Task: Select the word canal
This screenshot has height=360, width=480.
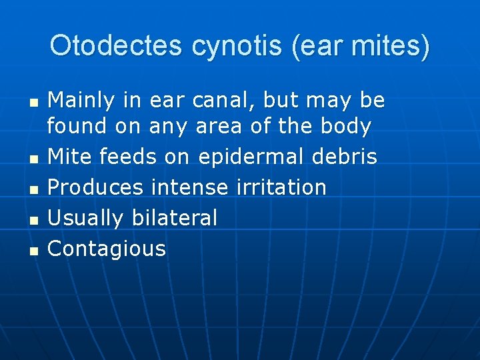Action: (x=224, y=101)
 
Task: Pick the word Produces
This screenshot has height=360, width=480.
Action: (x=96, y=187)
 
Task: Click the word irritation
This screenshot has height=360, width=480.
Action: (x=281, y=187)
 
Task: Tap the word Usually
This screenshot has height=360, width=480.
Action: (x=87, y=218)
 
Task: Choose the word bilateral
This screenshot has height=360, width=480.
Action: (x=175, y=218)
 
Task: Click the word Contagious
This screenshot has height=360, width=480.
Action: (x=107, y=249)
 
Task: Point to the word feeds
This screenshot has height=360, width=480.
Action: (x=129, y=157)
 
